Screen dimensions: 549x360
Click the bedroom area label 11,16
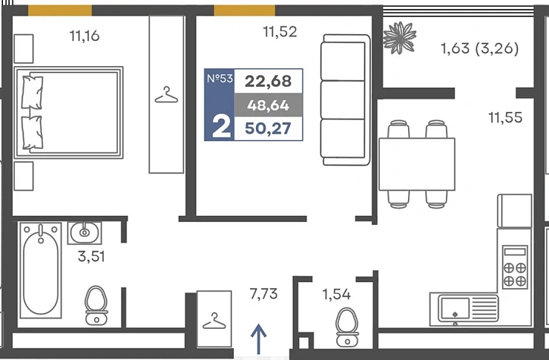coord(85,36)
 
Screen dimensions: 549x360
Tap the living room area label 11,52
coord(280,32)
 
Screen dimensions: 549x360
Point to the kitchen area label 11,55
coord(505,117)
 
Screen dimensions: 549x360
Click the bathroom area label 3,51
coord(91,256)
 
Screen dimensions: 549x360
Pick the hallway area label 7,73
coord(263,293)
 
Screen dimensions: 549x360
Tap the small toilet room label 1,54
coord(337,294)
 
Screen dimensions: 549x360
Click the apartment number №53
coord(220,78)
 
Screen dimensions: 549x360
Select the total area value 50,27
coord(269,128)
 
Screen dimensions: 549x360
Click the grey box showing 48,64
coord(269,105)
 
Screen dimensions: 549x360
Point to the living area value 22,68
coord(269,81)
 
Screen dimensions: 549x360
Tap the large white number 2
coord(221,128)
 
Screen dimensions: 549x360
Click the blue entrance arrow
coord(258,339)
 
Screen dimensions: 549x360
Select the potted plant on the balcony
coord(399,38)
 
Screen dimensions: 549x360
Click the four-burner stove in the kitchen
coord(515,267)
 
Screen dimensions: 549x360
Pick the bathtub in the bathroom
coord(41,270)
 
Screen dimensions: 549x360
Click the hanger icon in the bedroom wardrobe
coord(166,95)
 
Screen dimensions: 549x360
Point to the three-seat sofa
coord(345,99)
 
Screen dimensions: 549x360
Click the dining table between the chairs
coord(417,164)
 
